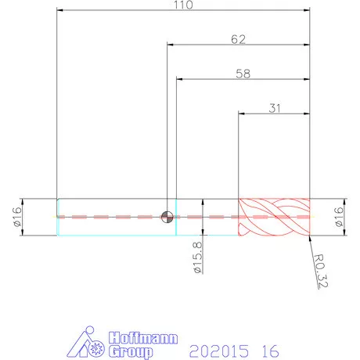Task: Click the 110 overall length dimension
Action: pyautogui.click(x=183, y=5)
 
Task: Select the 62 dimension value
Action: pyautogui.click(x=238, y=39)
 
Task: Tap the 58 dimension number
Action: pyautogui.click(x=243, y=74)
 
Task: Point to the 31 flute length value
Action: pyautogui.click(x=275, y=108)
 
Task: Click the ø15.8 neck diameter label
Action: pyautogui.click(x=198, y=257)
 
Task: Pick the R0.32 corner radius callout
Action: pyautogui.click(x=320, y=271)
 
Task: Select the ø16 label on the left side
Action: pyautogui.click(x=17, y=217)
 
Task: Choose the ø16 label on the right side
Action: pyautogui.click(x=338, y=217)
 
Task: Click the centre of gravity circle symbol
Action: pyautogui.click(x=167, y=217)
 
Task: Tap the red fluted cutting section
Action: pyautogui.click(x=274, y=217)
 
